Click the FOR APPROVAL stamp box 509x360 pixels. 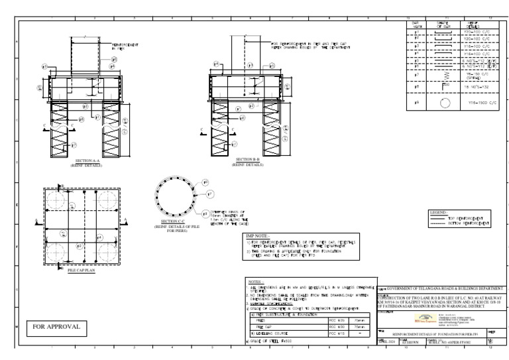click(x=56, y=326)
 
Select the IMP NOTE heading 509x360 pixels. click(x=257, y=235)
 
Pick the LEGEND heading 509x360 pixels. click(x=439, y=212)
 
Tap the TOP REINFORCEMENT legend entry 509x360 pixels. click(x=464, y=218)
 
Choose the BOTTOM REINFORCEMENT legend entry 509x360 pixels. click(x=464, y=223)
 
